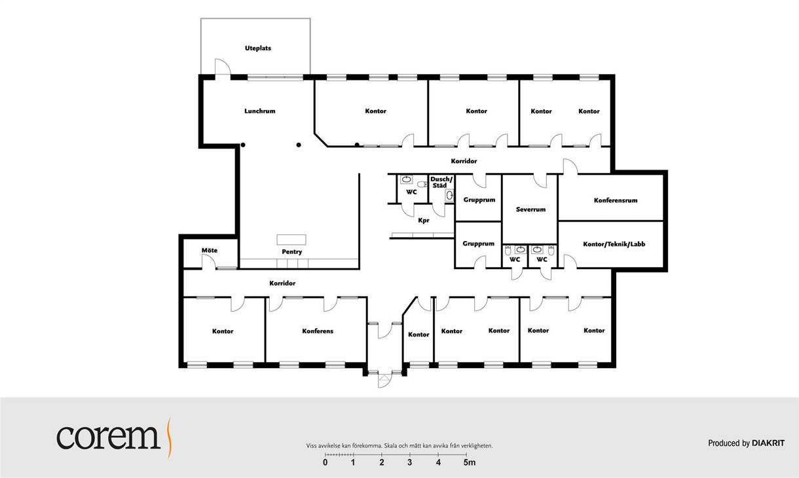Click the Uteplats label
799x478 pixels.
point(258,48)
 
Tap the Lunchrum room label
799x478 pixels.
point(259,111)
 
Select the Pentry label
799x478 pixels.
point(292,252)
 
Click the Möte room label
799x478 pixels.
point(210,250)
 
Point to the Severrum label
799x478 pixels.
point(530,210)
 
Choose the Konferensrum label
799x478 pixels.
point(616,200)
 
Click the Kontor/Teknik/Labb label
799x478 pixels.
point(614,244)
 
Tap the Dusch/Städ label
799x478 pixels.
point(441,182)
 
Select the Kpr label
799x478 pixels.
point(424,221)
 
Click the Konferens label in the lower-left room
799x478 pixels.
point(318,331)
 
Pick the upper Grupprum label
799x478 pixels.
point(479,200)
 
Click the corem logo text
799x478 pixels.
point(109,437)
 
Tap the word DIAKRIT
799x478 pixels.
point(768,443)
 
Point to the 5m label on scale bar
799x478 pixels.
point(470,463)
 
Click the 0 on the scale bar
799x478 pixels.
point(325,463)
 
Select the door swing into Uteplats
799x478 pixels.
point(223,66)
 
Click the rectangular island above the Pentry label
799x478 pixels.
point(291,240)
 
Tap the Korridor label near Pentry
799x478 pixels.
point(282,284)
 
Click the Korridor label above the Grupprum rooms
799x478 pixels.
point(464,161)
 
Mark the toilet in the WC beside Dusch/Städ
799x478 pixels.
point(422,185)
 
